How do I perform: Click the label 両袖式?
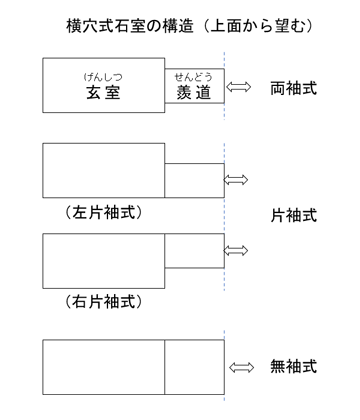pyautogui.click(x=293, y=88)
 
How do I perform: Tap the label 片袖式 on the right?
pyautogui.click(x=293, y=214)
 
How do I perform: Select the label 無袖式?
pyautogui.click(x=293, y=366)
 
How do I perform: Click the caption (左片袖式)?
pyautogui.click(x=102, y=212)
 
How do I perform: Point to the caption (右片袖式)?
pyautogui.click(x=102, y=300)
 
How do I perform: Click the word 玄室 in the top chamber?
pyautogui.click(x=102, y=93)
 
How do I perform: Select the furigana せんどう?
pyautogui.click(x=194, y=76)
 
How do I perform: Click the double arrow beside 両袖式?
pyautogui.click(x=241, y=88)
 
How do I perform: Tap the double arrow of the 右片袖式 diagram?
pyautogui.click(x=237, y=250)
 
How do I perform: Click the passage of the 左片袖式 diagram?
pyautogui.click(x=194, y=179)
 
